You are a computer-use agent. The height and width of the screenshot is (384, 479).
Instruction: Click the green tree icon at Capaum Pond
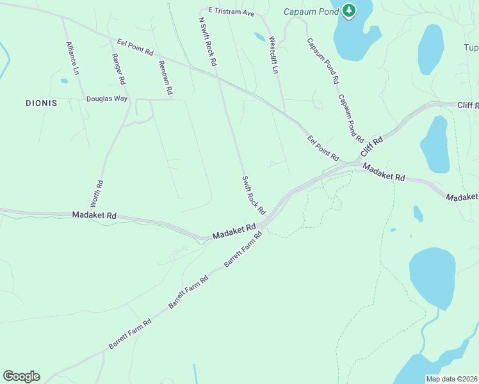(x=348, y=10)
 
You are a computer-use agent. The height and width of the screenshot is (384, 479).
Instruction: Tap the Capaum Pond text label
(x=312, y=11)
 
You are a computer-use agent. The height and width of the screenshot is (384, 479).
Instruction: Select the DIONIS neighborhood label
(x=42, y=102)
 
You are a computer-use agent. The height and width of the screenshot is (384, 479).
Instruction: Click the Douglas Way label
(x=107, y=99)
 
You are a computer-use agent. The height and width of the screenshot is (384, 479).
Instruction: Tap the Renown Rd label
(x=165, y=76)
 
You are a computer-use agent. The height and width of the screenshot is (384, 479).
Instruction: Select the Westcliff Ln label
(x=274, y=54)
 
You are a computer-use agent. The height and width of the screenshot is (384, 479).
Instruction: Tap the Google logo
(x=21, y=376)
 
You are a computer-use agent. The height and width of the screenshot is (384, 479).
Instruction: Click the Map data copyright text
(x=451, y=379)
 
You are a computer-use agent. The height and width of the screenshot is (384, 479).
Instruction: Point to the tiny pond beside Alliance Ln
(x=64, y=81)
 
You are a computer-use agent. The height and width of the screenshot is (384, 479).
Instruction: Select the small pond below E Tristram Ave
(x=259, y=36)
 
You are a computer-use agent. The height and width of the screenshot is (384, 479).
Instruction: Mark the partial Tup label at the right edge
(x=471, y=48)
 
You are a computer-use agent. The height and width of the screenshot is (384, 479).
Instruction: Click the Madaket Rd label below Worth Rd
(x=94, y=216)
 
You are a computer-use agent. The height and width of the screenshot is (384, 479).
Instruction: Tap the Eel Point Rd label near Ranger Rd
(x=136, y=47)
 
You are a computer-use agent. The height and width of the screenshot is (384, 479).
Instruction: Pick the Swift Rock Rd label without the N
(x=253, y=195)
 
